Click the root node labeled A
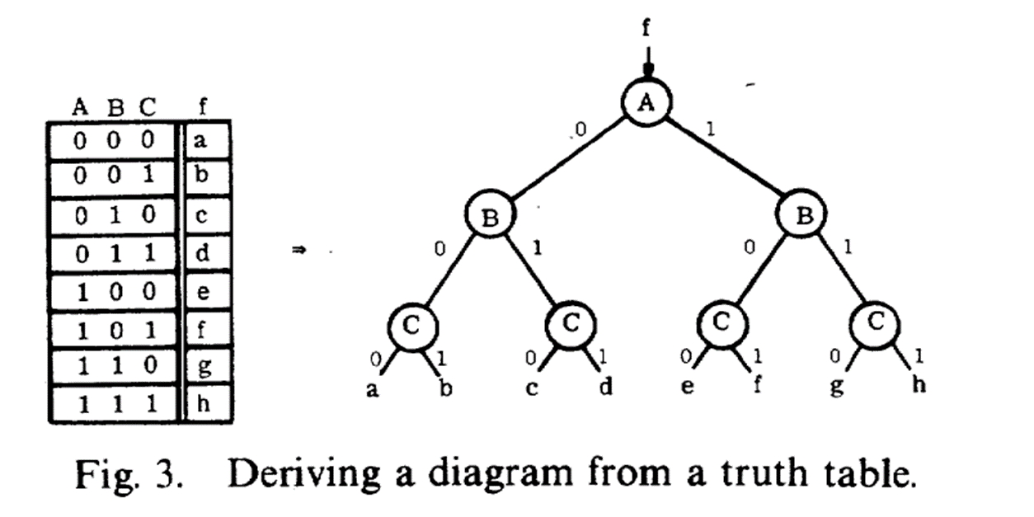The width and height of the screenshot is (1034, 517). [x=646, y=103]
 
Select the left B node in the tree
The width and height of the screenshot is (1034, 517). [x=490, y=216]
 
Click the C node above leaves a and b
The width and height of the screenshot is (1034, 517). [x=412, y=324]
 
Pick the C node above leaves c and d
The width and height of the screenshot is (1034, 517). [x=570, y=324]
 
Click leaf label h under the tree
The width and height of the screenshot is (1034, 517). [x=918, y=385]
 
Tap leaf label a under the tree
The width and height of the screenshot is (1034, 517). [x=373, y=389]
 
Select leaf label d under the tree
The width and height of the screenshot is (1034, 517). [x=606, y=386]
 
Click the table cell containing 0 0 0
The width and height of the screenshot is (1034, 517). [x=113, y=141]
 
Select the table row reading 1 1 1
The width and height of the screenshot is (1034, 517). [x=113, y=404]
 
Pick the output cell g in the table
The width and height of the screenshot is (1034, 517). [x=204, y=366]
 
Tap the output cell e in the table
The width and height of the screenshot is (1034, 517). [x=204, y=292]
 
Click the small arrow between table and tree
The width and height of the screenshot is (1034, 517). [x=300, y=252]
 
